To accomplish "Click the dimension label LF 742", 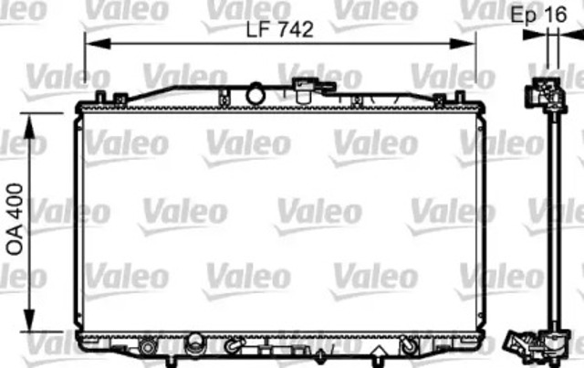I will click(x=279, y=29).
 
